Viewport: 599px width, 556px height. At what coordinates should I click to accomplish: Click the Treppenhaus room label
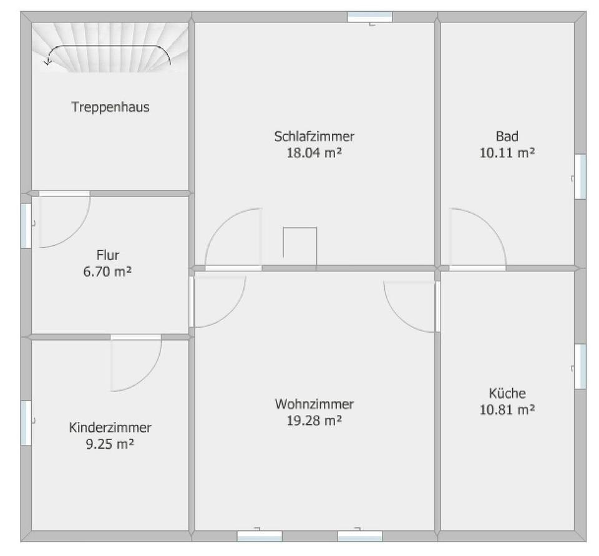pyautogui.click(x=110, y=107)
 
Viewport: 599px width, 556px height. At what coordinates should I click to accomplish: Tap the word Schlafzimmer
pyautogui.click(x=314, y=137)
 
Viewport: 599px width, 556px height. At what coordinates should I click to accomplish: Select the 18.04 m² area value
pyautogui.click(x=314, y=153)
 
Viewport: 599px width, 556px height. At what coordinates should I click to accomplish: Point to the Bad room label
pyautogui.click(x=507, y=136)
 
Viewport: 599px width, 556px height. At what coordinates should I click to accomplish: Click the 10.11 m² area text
pyautogui.click(x=507, y=153)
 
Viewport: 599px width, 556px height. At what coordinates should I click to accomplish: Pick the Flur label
pyautogui.click(x=108, y=255)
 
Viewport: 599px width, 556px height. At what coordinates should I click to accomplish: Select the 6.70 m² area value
pyautogui.click(x=108, y=271)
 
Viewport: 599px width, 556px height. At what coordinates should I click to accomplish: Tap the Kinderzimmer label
pyautogui.click(x=110, y=427)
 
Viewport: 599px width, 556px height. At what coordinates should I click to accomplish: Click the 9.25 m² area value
pyautogui.click(x=110, y=444)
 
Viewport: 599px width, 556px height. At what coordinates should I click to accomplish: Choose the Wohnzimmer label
pyautogui.click(x=314, y=404)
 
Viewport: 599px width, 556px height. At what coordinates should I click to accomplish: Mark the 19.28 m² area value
pyautogui.click(x=314, y=421)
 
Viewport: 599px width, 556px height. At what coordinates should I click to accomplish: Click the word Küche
pyautogui.click(x=507, y=393)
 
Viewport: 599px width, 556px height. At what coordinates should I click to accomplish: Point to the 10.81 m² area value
pyautogui.click(x=507, y=410)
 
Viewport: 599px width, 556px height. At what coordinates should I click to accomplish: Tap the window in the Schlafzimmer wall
pyautogui.click(x=370, y=17)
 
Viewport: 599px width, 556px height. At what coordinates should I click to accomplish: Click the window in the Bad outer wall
pyautogui.click(x=580, y=177)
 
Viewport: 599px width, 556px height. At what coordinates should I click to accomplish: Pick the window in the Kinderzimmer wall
pyautogui.click(x=26, y=423)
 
